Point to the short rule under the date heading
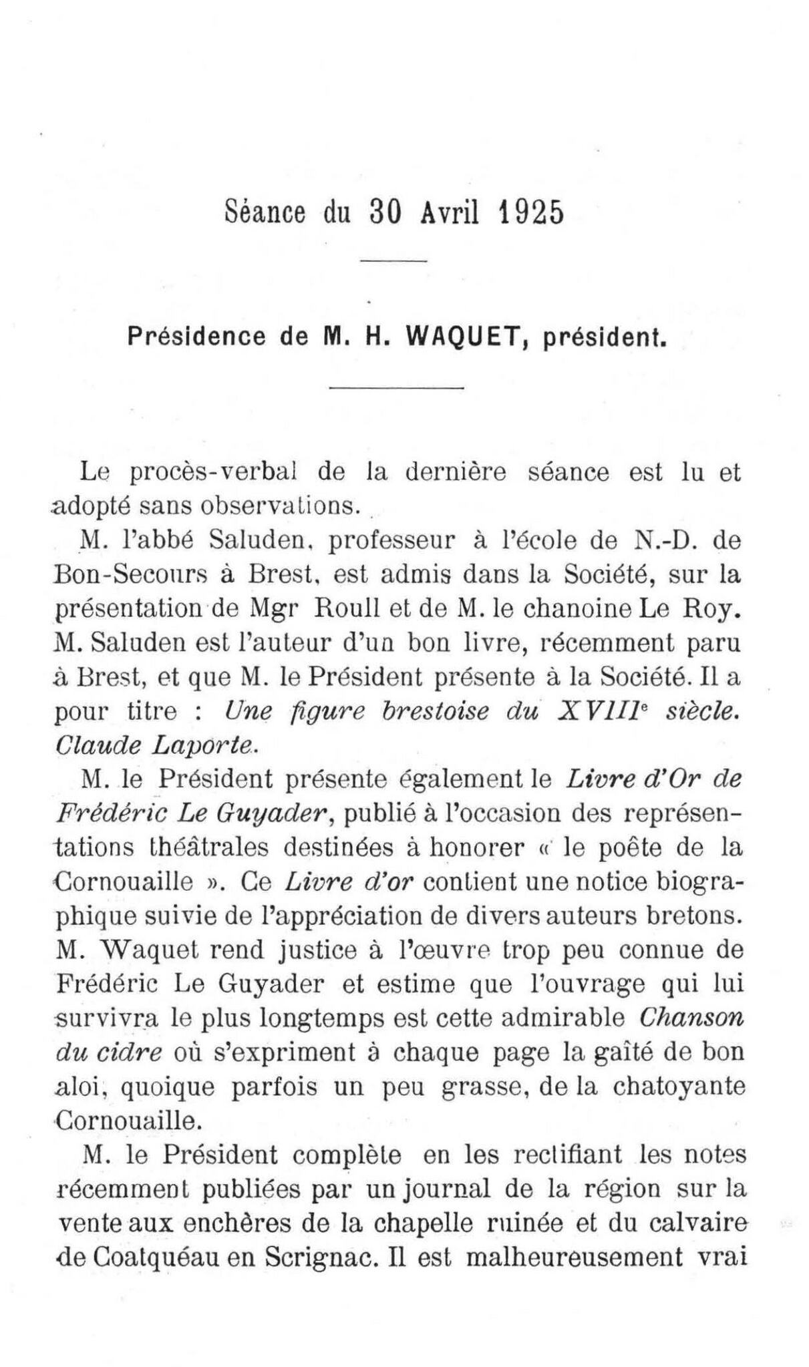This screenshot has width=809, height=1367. (x=393, y=260)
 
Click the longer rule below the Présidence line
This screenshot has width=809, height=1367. (x=397, y=388)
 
